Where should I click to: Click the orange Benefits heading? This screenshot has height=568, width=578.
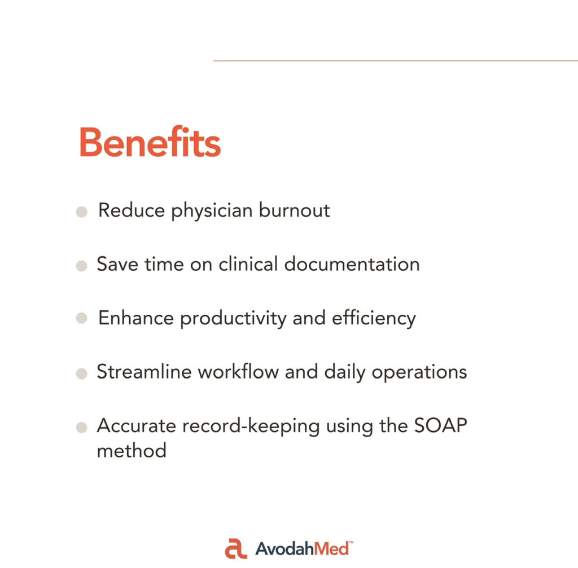(x=150, y=142)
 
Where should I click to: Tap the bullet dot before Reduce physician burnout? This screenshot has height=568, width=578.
(x=81, y=212)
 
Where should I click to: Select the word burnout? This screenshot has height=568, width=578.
(x=294, y=210)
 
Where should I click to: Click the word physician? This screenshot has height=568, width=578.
(x=212, y=211)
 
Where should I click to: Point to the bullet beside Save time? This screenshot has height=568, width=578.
(x=81, y=266)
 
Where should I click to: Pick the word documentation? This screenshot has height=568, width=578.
(x=352, y=264)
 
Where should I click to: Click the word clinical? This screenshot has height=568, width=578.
(x=248, y=264)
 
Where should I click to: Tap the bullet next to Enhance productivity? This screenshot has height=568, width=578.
(x=81, y=318)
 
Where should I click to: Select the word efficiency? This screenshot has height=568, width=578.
(x=374, y=318)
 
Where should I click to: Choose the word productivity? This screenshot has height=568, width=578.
(x=233, y=318)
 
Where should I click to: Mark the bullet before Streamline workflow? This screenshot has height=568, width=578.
(x=81, y=373)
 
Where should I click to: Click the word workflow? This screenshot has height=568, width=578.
(x=239, y=371)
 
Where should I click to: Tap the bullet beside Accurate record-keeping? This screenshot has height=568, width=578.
(x=81, y=428)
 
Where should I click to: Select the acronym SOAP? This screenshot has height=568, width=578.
(x=440, y=425)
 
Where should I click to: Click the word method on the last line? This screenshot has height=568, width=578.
(x=132, y=451)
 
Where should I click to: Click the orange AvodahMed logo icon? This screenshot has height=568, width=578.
(x=236, y=548)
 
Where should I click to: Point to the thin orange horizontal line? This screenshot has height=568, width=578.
(x=396, y=61)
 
